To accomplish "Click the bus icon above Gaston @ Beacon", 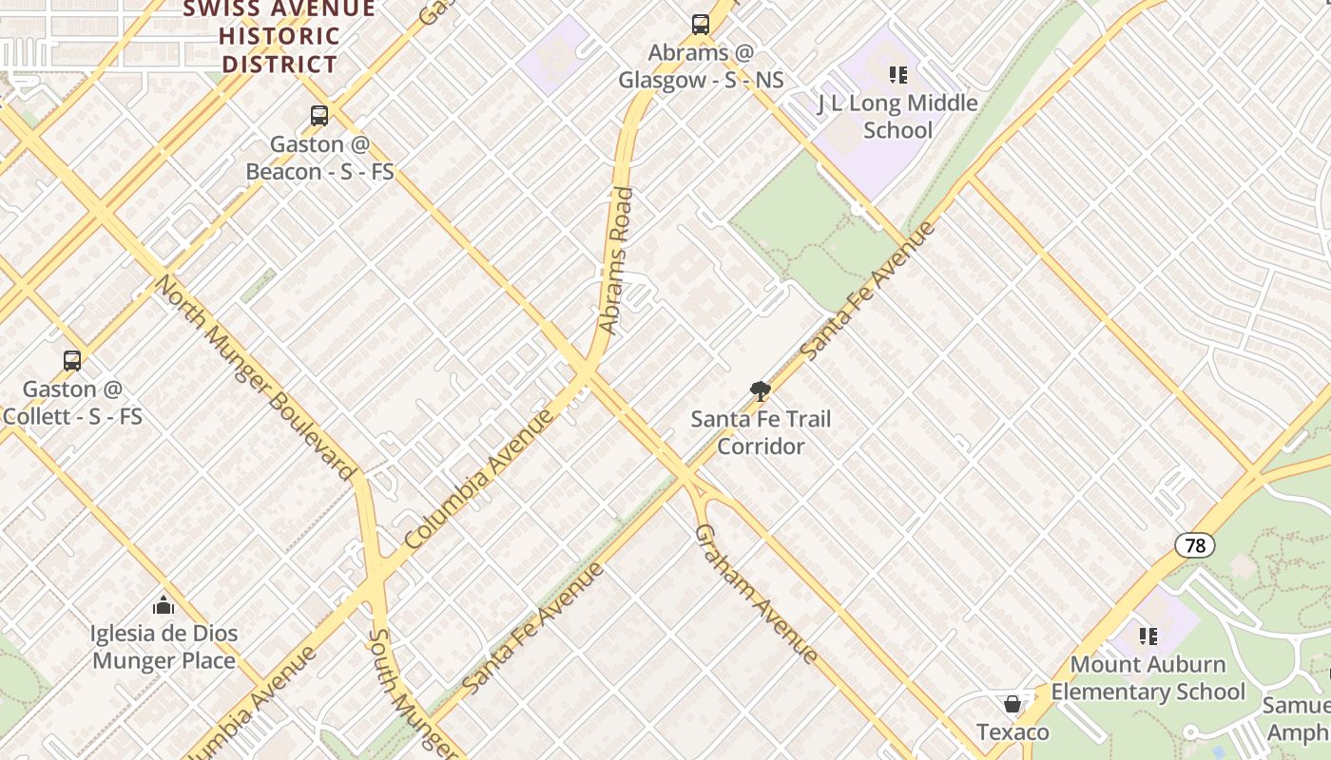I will tap(319, 116).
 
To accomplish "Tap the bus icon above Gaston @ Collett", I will tap(72, 361).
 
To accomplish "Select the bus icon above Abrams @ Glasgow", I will tap(701, 25).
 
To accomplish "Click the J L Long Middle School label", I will tap(897, 116).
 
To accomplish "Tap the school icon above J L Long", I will tap(897, 74).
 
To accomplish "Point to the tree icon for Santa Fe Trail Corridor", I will tap(760, 389).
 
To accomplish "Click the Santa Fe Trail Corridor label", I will tap(760, 432).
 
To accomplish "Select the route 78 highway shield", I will tap(1195, 545).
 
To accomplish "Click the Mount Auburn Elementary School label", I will tap(1148, 677).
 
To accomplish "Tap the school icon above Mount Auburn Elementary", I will tap(1148, 636).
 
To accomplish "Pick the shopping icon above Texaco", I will tap(1013, 704).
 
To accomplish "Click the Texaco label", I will tap(1013, 732).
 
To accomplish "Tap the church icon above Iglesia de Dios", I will tap(164, 605).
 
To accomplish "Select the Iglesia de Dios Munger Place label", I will tap(164, 646).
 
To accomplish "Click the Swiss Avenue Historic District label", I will tap(279, 36).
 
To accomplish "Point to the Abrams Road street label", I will tap(617, 260).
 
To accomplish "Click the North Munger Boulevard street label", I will tap(254, 377).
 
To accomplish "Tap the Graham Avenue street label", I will tap(756, 594).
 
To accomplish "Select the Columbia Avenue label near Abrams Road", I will tap(478, 479).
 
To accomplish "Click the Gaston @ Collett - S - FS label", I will tap(72, 402).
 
